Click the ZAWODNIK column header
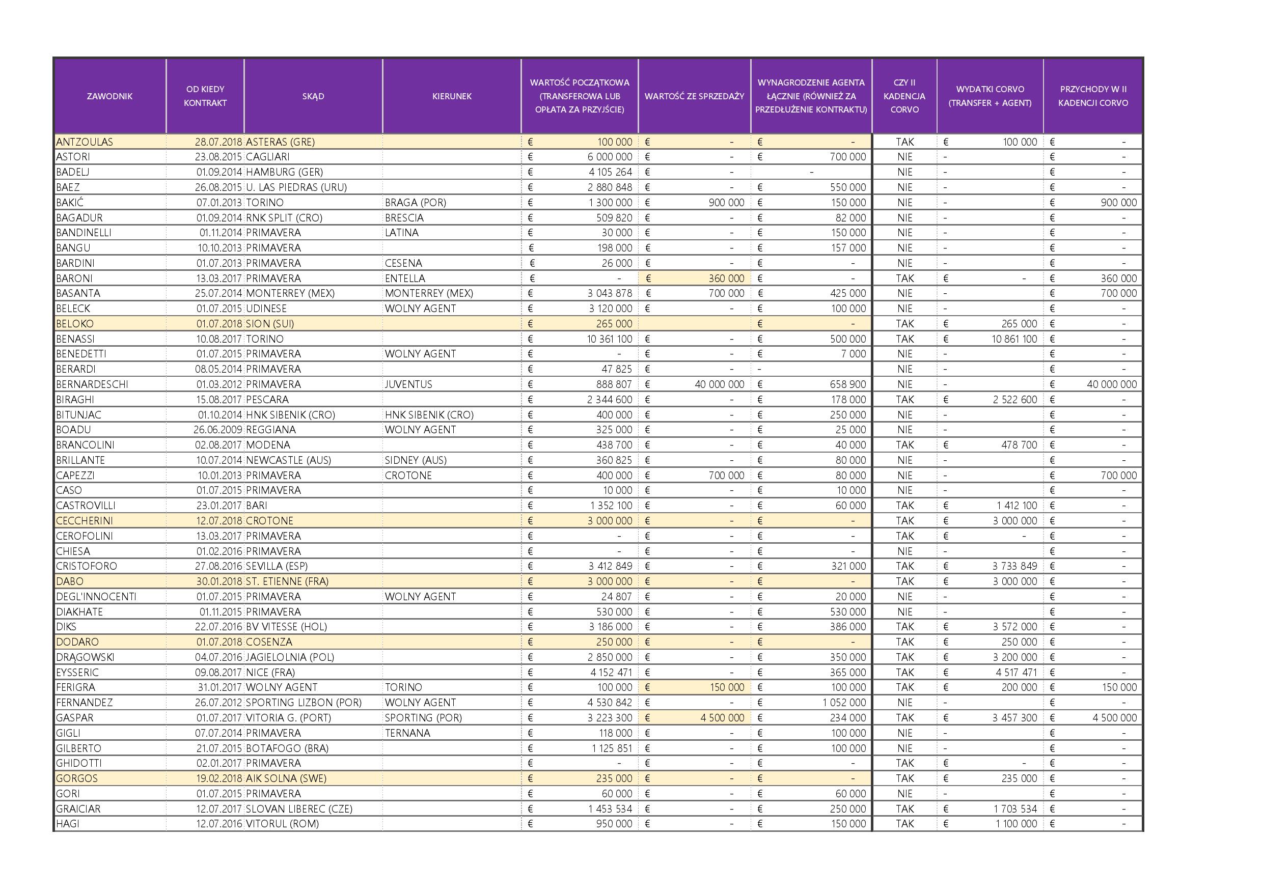[109, 96]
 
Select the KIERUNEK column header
[452, 96]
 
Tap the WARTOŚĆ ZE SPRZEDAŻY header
[694, 96]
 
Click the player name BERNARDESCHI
[92, 384]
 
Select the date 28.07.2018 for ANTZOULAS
[218, 142]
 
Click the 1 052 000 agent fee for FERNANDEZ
[844, 702]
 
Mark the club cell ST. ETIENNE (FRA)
[287, 581]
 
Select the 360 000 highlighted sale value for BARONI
[726, 278]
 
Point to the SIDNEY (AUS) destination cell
[416, 460]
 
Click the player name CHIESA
[73, 551]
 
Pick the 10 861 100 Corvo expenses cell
[1014, 339]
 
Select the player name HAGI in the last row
[68, 824]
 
